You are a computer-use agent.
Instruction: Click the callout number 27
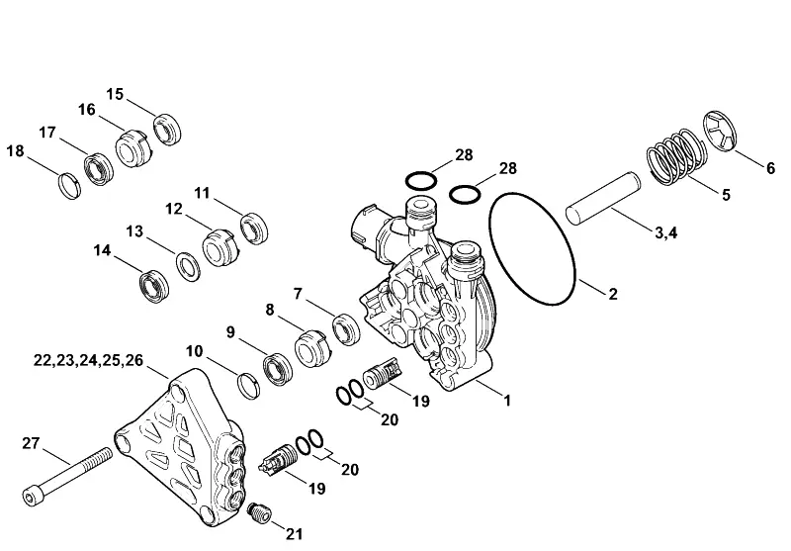(x=31, y=443)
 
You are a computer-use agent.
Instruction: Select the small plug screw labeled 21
(x=259, y=512)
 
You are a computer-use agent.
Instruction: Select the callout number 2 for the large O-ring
(x=613, y=294)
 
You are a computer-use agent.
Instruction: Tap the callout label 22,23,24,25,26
(x=88, y=360)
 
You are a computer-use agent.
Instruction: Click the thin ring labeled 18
(x=67, y=186)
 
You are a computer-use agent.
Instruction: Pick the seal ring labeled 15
(x=167, y=131)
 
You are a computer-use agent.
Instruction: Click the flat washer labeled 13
(x=188, y=267)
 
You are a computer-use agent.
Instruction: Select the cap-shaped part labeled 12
(x=220, y=247)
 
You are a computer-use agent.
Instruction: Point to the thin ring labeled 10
(x=249, y=386)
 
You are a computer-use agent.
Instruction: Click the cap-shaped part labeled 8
(x=311, y=348)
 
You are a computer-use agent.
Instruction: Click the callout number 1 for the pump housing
(x=507, y=400)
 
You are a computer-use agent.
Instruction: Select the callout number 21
(x=295, y=534)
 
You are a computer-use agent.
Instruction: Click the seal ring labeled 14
(x=154, y=287)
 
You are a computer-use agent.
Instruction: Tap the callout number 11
(x=203, y=193)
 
